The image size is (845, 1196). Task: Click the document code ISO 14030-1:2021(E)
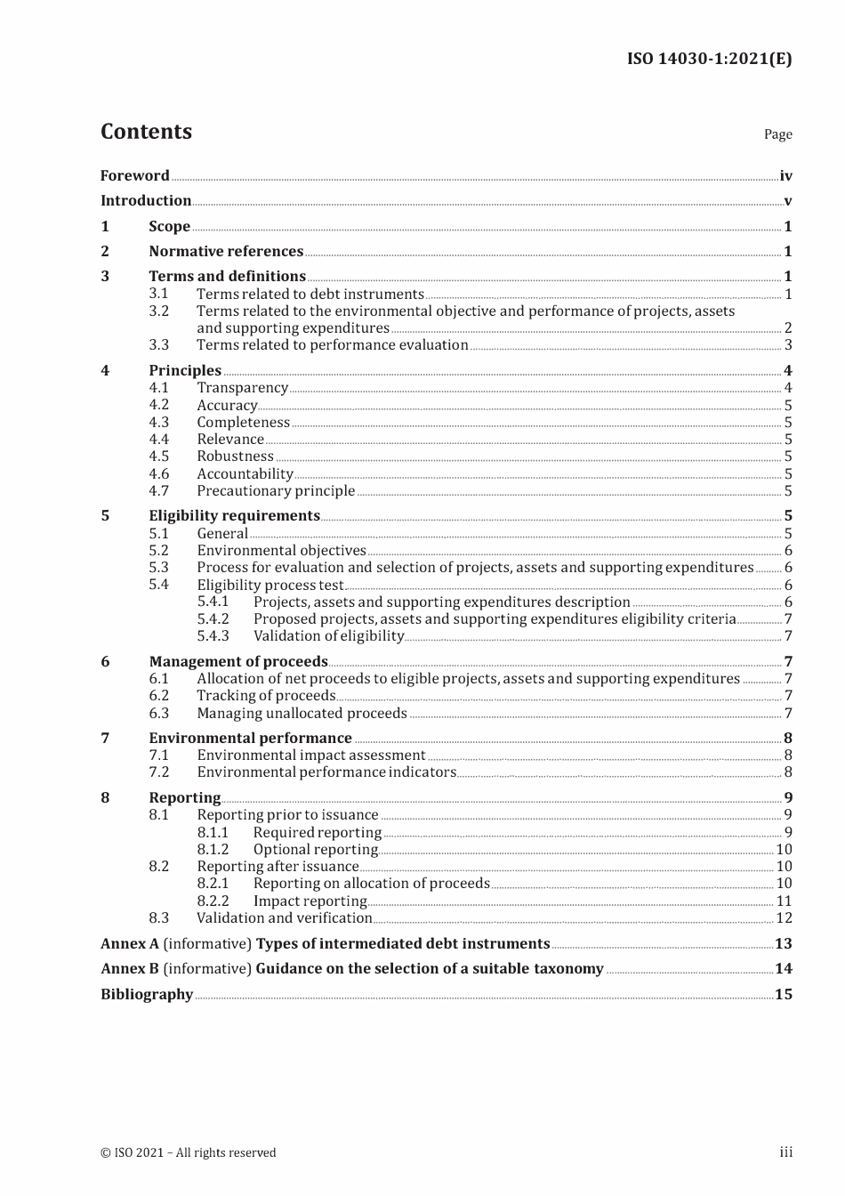pyautogui.click(x=709, y=59)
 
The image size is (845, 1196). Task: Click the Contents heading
pyautogui.click(x=146, y=132)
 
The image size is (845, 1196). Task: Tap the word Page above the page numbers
pyautogui.click(x=777, y=134)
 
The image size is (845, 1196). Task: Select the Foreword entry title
pyautogui.click(x=134, y=175)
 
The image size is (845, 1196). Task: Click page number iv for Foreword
pyautogui.click(x=785, y=176)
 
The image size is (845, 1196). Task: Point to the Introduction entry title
pyautogui.click(x=146, y=200)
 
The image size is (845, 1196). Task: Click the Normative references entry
pyautogui.click(x=226, y=251)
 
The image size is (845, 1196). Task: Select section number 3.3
pyautogui.click(x=158, y=344)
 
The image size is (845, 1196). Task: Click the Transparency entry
pyautogui.click(x=242, y=387)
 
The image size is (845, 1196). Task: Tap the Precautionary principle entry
pyautogui.click(x=276, y=490)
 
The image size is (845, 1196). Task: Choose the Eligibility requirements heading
pyautogui.click(x=234, y=515)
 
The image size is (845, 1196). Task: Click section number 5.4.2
pyautogui.click(x=213, y=618)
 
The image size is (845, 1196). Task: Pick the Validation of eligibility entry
pyautogui.click(x=328, y=635)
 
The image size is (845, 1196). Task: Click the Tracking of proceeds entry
pyautogui.click(x=266, y=695)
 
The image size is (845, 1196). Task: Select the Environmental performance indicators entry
pyautogui.click(x=326, y=772)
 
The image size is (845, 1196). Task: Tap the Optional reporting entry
pyautogui.click(x=316, y=849)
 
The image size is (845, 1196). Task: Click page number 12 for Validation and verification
pyautogui.click(x=784, y=917)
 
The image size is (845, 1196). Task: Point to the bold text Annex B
pyautogui.click(x=130, y=968)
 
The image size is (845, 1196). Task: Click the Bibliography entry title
pyautogui.click(x=147, y=994)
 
